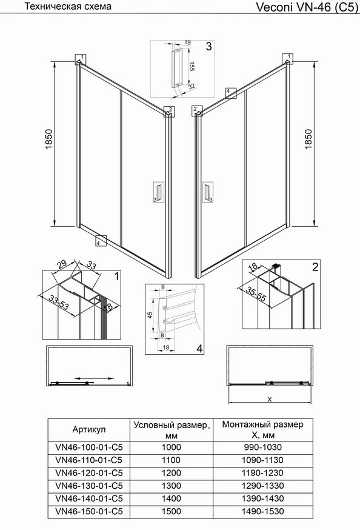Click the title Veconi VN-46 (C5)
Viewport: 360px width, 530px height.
(307, 7)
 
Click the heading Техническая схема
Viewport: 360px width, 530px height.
(68, 6)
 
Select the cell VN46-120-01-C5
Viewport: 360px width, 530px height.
(89, 472)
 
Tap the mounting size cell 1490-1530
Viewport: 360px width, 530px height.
(263, 511)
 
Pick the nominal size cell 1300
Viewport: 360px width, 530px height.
(172, 485)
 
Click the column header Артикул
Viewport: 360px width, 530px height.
(89, 429)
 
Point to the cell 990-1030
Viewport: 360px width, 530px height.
(263, 447)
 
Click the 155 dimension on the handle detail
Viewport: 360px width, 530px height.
(191, 66)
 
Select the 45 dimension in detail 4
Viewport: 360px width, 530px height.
(150, 315)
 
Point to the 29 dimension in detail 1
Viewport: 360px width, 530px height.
(62, 264)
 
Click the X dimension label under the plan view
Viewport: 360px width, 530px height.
(270, 399)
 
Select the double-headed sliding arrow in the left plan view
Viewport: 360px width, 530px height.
(94, 378)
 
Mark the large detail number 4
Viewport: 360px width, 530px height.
(199, 349)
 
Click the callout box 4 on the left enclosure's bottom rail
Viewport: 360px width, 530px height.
(101, 241)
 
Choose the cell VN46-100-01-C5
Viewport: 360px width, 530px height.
(89, 447)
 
